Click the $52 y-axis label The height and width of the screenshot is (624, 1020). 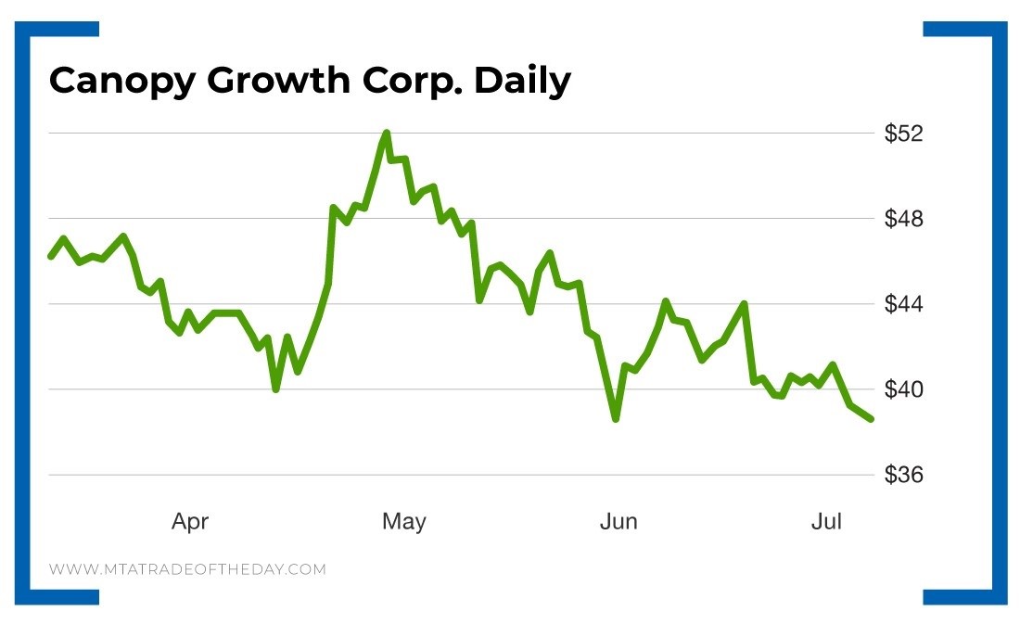903,134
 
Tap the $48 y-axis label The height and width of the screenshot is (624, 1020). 903,220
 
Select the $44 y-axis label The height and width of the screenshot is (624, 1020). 903,305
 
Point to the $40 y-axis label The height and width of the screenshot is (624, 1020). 903,390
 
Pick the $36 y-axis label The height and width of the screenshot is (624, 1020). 903,476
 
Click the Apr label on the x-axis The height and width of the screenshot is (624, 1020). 190,522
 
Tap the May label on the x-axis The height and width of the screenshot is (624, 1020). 404,522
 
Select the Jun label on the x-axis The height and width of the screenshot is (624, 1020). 618,522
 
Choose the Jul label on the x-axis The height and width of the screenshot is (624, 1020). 826,522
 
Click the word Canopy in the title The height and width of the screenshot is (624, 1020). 121,83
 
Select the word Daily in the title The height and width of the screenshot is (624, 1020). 522,83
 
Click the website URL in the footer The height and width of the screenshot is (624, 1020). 187,569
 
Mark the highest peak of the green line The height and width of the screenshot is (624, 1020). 386,133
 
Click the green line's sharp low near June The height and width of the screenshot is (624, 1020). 616,419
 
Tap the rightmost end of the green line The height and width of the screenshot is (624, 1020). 871,419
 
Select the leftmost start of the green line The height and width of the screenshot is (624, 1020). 50,256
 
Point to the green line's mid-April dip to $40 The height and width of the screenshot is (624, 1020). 276,389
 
